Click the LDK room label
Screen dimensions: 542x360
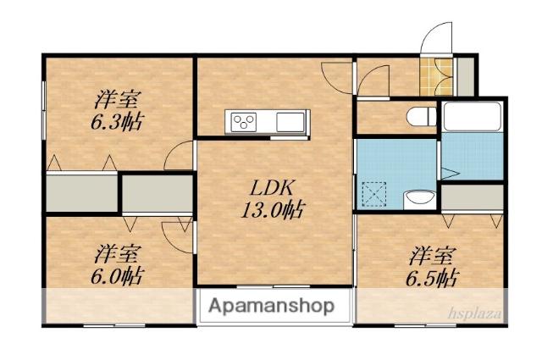(272, 189)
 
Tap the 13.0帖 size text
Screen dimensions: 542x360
(273, 210)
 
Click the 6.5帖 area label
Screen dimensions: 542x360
(432, 278)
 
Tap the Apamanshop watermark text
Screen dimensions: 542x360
(271, 306)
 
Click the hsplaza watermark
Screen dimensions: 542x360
(475, 313)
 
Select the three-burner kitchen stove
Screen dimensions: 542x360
(244, 122)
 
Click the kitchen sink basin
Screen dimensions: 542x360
(290, 122)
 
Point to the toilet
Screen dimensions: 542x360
(422, 117)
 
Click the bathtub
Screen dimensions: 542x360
(472, 116)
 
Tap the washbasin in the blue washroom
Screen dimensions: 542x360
(420, 199)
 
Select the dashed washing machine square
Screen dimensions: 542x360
(374, 194)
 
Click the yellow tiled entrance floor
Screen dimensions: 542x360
(436, 77)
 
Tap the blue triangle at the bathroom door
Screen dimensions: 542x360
(450, 174)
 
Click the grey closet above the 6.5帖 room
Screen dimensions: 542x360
(473, 197)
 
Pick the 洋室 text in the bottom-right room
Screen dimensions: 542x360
(432, 256)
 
